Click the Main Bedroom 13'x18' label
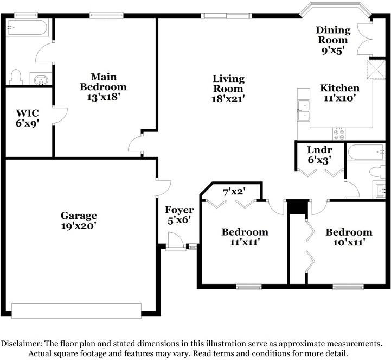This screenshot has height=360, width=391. pyautogui.click(x=103, y=87)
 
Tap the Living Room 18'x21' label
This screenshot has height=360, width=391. pyautogui.click(x=228, y=89)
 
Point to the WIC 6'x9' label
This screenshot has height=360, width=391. pyautogui.click(x=27, y=118)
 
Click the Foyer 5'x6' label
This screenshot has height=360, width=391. pyautogui.click(x=179, y=215)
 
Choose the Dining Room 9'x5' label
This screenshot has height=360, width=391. pyautogui.click(x=334, y=40)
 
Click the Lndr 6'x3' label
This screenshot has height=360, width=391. pyautogui.click(x=319, y=155)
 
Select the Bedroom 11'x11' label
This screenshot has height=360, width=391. pyautogui.click(x=245, y=237)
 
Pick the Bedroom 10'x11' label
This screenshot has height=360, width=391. pyautogui.click(x=349, y=237)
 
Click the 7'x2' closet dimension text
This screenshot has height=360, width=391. pyautogui.click(x=234, y=191)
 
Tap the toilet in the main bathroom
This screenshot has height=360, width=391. pyautogui.click(x=15, y=77)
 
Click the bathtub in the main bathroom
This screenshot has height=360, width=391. pyautogui.click(x=27, y=28)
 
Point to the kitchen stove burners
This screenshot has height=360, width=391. pyautogui.click(x=339, y=133)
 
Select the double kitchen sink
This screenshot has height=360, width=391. pyautogui.click(x=303, y=110)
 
